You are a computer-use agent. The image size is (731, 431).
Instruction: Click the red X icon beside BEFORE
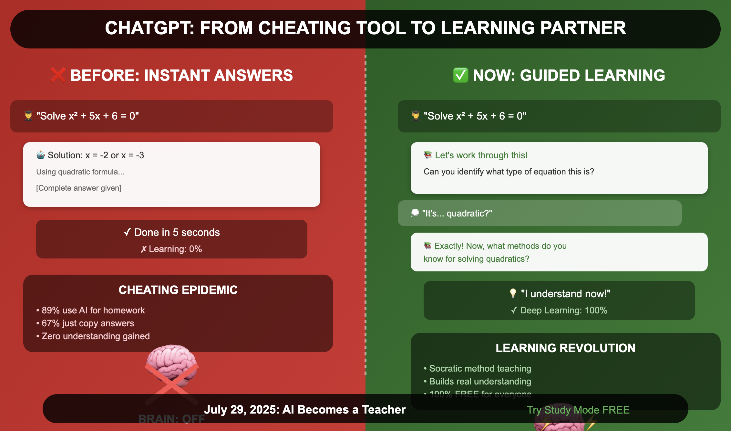(58, 75)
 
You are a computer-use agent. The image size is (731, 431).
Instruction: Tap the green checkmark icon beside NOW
(460, 75)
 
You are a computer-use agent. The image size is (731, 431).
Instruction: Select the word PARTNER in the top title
(583, 28)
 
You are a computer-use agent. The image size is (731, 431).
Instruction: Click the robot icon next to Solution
(41, 155)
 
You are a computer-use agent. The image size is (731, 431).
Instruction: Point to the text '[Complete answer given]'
(79, 188)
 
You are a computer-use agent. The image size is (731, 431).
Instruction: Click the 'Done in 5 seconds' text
(177, 232)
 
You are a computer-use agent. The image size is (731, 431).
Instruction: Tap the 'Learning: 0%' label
(175, 249)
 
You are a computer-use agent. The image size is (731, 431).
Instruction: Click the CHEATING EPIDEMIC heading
(178, 290)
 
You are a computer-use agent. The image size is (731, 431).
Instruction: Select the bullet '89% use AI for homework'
(93, 310)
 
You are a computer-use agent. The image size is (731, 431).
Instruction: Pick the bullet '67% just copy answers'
(88, 323)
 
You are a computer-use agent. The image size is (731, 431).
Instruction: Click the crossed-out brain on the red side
(171, 368)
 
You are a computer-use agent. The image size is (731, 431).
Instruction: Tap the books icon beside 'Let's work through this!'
(428, 155)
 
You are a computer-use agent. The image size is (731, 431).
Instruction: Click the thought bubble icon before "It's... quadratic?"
(415, 213)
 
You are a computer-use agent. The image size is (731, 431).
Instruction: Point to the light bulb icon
(513, 293)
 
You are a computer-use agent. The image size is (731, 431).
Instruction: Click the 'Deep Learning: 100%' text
(563, 310)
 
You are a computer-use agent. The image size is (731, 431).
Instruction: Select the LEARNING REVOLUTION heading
(565, 348)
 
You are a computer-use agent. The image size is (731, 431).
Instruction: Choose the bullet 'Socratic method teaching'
(480, 368)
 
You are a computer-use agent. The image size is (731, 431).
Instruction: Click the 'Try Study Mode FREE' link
(578, 410)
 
